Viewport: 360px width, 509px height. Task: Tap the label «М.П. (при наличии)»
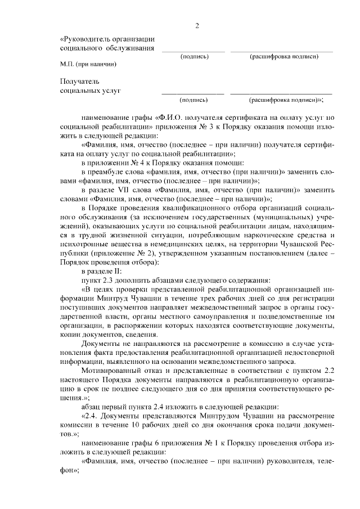88,64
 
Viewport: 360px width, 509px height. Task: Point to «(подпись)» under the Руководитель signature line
193,56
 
